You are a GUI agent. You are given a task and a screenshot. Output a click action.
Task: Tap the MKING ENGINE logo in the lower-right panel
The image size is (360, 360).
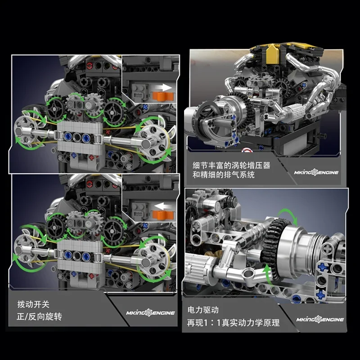320,319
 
